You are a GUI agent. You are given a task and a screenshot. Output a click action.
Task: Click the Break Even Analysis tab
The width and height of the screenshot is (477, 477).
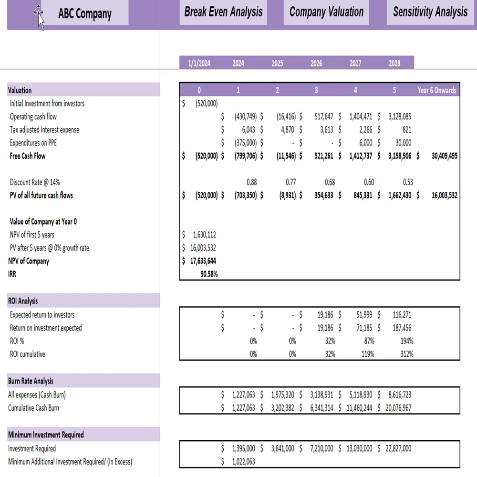coord(223,12)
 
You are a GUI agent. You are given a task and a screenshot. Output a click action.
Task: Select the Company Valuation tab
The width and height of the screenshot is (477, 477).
coord(326,12)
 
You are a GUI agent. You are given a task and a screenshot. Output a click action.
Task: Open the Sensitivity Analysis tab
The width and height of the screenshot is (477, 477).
coord(430,12)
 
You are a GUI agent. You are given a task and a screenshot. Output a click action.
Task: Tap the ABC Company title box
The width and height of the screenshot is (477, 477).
coord(85,13)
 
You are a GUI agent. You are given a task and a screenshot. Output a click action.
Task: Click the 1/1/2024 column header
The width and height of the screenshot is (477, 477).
coord(199,63)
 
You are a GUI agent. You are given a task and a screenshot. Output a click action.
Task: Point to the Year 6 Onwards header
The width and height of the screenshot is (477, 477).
coord(437,90)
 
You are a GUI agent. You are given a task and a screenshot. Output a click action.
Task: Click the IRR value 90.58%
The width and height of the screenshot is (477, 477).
coord(209,274)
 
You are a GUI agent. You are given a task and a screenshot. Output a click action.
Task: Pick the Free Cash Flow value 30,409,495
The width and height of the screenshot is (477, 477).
coord(444,156)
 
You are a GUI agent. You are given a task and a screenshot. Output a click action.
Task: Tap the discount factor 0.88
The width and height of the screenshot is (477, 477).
coord(251,182)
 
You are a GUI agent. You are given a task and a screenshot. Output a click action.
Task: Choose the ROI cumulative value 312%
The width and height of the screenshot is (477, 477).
coord(406,354)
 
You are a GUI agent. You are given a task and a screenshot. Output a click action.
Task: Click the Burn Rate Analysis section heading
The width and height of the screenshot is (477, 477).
coord(31,381)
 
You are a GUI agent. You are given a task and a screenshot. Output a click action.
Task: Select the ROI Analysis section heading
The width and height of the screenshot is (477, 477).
coord(23,301)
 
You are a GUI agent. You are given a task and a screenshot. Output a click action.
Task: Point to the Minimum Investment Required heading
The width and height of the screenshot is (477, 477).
coord(46,435)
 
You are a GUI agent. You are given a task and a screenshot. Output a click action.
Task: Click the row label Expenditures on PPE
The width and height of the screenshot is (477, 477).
coord(33,143)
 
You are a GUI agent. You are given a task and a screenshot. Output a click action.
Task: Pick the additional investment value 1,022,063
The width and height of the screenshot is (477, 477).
coord(243,461)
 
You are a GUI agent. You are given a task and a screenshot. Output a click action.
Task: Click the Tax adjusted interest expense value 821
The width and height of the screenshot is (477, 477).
coord(406,129)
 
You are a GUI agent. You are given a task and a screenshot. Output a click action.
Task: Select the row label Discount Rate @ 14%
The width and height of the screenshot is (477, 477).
coord(35,182)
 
